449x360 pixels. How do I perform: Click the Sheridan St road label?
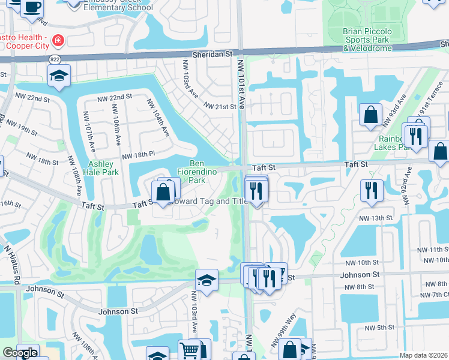(x=212, y=54)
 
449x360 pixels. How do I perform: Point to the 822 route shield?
(x=55, y=59)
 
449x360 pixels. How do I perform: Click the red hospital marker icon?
(x=58, y=41)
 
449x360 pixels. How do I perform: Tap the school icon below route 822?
(x=59, y=76)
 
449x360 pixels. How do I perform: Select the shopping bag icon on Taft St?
(x=163, y=192)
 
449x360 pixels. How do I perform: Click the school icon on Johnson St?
(x=206, y=280)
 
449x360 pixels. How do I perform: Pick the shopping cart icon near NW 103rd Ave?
(x=190, y=350)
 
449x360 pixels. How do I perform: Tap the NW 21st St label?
(x=221, y=106)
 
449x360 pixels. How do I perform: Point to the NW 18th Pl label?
(x=139, y=156)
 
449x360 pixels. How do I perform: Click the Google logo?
(x=19, y=353)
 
